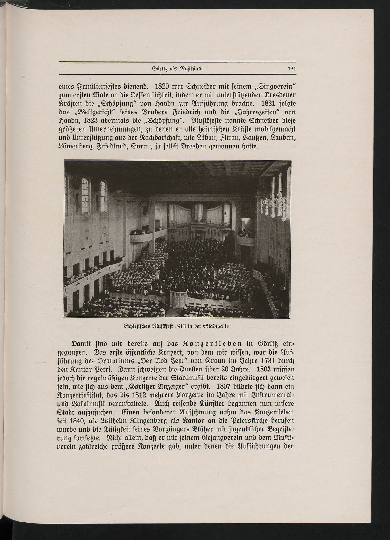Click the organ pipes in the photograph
click(x=199, y=213)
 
